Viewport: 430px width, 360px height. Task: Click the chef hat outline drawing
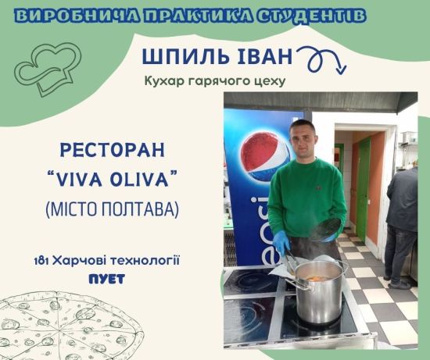click(x=48, y=69)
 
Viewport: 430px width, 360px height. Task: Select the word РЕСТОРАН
click(x=113, y=150)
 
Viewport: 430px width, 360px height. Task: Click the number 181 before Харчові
click(x=41, y=261)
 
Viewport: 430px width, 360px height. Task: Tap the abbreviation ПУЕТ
click(x=107, y=279)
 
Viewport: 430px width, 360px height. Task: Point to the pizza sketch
click(x=70, y=326)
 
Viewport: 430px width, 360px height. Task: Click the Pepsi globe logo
click(x=265, y=157)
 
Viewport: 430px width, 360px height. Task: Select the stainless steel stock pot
click(x=319, y=291)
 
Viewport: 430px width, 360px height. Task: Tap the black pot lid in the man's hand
click(x=328, y=228)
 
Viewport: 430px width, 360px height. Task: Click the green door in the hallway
click(x=363, y=189)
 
